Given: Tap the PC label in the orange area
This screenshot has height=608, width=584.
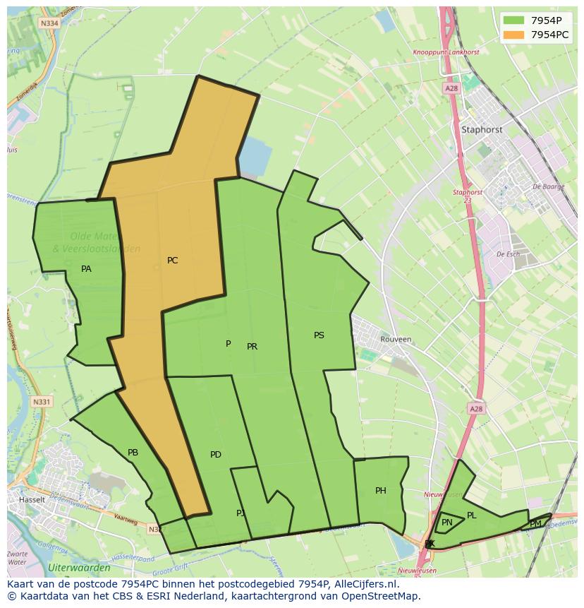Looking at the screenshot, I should click(172, 261).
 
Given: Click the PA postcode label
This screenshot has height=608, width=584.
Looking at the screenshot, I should click(86, 269).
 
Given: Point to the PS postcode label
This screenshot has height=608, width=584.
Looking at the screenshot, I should click(319, 335).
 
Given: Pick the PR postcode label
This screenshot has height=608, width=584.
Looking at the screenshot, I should click(252, 347).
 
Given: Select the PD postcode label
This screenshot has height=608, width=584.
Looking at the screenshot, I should click(216, 455).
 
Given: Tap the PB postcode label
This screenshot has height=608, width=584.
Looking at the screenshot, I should click(133, 453).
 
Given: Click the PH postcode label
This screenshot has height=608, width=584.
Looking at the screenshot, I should click(381, 491).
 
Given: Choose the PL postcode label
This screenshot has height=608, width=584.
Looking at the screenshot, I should click(472, 515).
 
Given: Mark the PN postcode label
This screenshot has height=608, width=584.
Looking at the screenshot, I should click(447, 523).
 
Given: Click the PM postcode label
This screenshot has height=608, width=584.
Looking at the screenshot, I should click(535, 524).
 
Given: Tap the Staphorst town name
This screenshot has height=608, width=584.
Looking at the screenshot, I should click(482, 130).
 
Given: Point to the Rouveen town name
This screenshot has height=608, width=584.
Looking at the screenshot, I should click(396, 339).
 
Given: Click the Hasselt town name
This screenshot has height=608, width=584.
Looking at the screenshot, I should click(32, 499).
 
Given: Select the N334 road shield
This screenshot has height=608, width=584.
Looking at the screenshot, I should click(49, 23).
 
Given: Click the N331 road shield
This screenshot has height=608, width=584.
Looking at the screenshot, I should click(42, 402).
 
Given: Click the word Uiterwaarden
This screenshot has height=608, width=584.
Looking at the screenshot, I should click(79, 568).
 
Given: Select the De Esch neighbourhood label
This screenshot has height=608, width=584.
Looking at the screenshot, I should click(508, 254).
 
